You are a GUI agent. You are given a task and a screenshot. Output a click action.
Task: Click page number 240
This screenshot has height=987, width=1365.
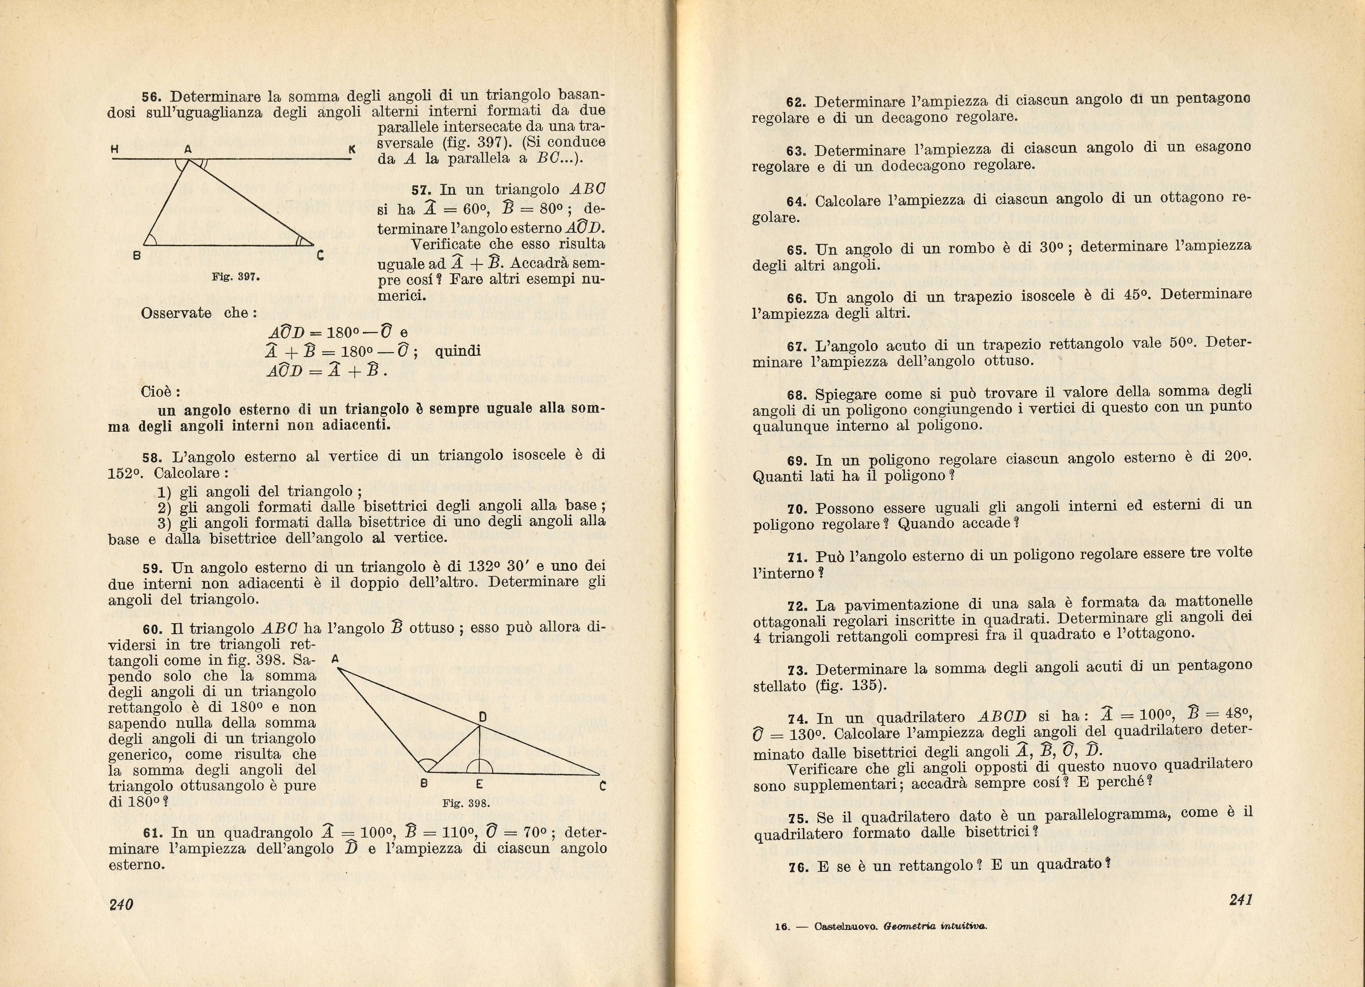121,904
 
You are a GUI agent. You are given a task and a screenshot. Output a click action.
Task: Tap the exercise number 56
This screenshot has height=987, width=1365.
151,97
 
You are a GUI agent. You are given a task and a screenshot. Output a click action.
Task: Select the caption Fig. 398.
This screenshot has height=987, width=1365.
466,803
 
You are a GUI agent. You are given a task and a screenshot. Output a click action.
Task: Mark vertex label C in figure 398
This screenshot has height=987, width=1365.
602,785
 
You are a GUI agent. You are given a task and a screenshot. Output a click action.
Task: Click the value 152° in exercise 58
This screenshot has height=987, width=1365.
125,474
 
